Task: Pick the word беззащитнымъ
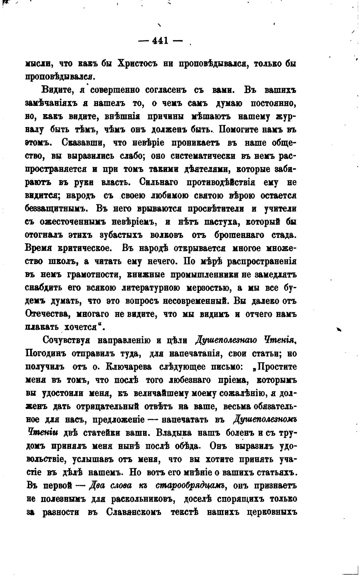coord(55,209)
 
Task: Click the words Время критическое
coord(68,248)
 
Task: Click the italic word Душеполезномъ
coord(266,420)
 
